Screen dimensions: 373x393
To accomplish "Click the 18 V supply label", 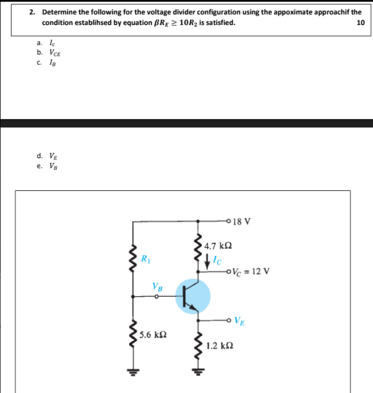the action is tap(243, 221).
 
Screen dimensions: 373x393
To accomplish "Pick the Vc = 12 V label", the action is tap(250, 271).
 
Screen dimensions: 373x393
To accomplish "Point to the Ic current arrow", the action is tap(206, 262).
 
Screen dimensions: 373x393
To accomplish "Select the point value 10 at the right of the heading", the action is tap(360, 23).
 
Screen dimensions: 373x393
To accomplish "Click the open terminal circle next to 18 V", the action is tap(229, 221).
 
